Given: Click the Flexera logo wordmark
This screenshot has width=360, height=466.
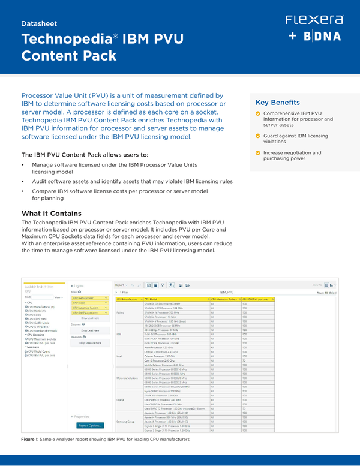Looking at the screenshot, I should pyautogui.click(x=314, y=19).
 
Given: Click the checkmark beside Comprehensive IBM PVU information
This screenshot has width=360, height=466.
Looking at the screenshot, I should pyautogui.click(x=258, y=113).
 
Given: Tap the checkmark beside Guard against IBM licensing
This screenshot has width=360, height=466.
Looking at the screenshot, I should pyautogui.click(x=258, y=136).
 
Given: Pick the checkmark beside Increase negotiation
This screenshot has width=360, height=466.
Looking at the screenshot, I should pyautogui.click(x=258, y=154).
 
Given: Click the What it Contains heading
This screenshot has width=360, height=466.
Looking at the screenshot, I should pyautogui.click(x=51, y=214).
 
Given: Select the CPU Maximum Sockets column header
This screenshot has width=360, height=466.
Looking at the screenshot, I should pyautogui.click(x=224, y=298).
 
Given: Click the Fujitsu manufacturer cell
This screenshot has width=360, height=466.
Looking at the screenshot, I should pyautogui.click(x=120, y=312).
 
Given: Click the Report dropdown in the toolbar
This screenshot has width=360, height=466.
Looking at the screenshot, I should pyautogui.click(x=122, y=284).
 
